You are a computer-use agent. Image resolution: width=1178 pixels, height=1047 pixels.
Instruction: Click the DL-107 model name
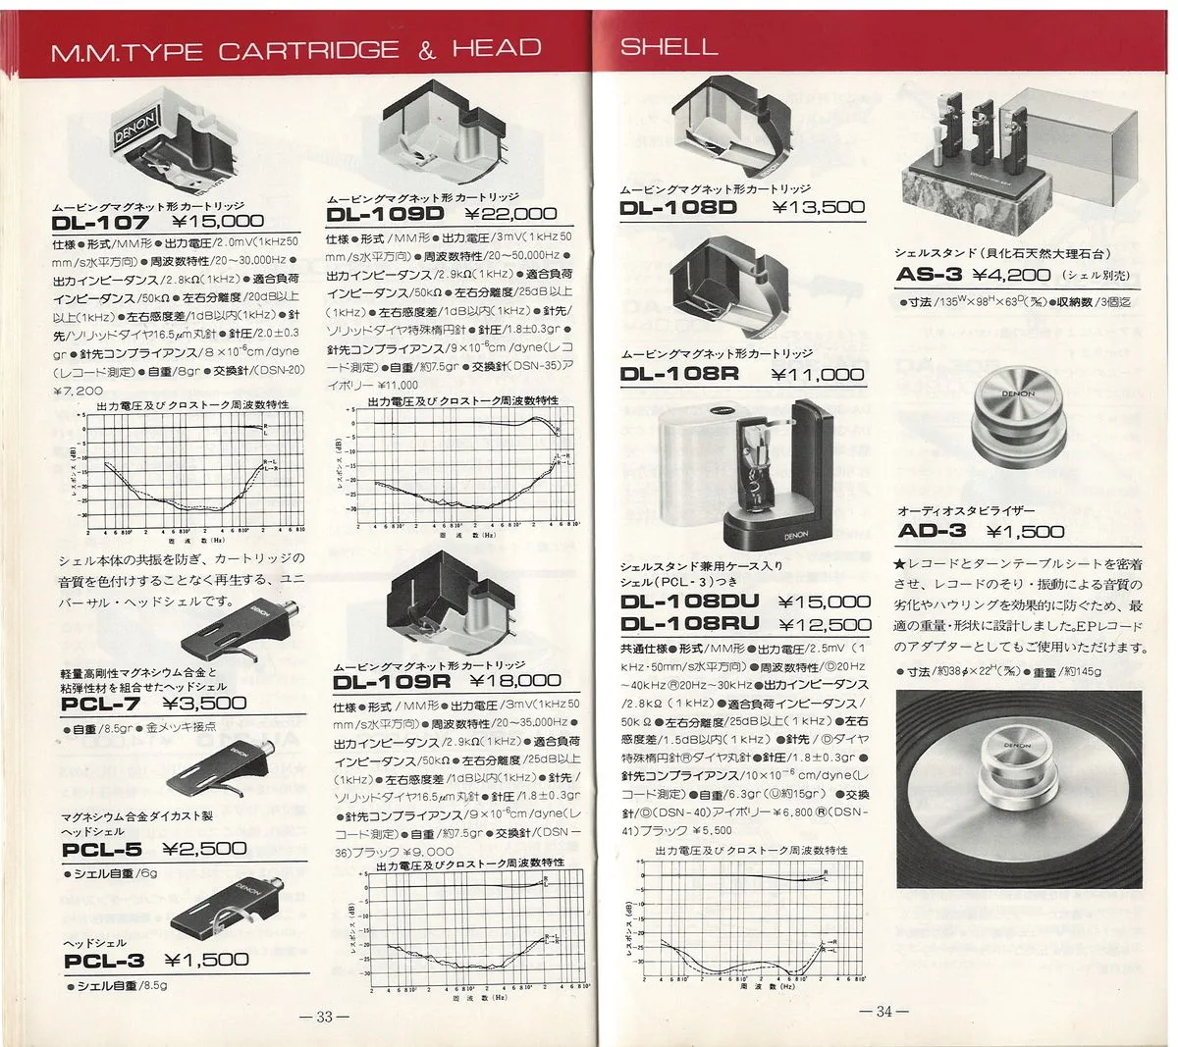pyautogui.click(x=101, y=223)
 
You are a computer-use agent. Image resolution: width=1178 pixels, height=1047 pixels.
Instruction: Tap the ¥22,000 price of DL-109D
pyautogui.click(x=510, y=213)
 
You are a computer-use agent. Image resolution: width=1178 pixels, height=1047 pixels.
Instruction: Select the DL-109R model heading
pyautogui.click(x=390, y=681)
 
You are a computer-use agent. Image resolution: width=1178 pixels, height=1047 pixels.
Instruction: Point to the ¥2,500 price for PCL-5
pyautogui.click(x=204, y=850)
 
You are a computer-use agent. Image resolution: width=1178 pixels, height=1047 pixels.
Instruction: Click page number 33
pyautogui.click(x=325, y=1017)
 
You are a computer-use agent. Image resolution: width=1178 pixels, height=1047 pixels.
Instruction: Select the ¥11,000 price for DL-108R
pyautogui.click(x=818, y=374)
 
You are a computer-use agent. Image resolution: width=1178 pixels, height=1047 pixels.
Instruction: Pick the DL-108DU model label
pyautogui.click(x=691, y=602)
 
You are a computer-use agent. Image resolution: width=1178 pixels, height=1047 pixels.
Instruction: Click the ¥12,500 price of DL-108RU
pyautogui.click(x=824, y=624)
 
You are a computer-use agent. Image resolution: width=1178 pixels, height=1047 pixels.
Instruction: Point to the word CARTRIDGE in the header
pyautogui.click(x=309, y=50)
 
